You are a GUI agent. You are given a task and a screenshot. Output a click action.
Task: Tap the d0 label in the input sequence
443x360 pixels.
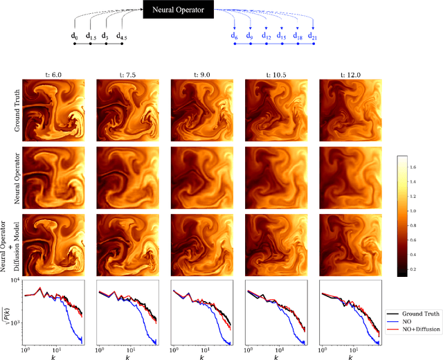[75, 35]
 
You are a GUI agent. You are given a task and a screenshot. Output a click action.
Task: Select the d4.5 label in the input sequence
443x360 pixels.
[122, 35]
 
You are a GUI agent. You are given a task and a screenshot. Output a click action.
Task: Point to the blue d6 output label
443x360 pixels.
[235, 35]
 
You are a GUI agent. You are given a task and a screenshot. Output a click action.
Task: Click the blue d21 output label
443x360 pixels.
[312, 35]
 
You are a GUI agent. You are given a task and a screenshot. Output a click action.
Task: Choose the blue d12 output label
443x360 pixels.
[265, 35]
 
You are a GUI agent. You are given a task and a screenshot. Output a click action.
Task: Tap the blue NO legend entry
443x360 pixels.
[409, 321]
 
